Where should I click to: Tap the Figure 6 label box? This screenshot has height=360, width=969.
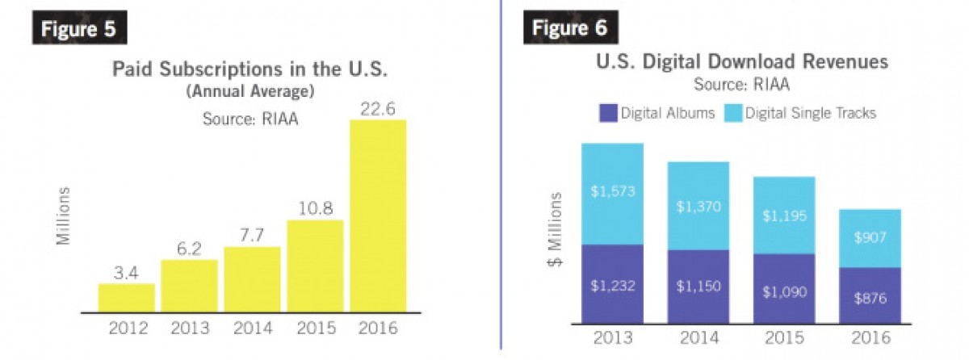571,28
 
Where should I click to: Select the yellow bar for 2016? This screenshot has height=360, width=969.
378,216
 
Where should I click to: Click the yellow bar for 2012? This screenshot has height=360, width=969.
127,297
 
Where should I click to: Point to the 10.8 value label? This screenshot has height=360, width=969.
315,207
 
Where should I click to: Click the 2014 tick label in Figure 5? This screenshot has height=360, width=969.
252,329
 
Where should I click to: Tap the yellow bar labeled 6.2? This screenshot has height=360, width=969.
189,285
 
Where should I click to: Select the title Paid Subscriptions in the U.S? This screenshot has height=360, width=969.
250,69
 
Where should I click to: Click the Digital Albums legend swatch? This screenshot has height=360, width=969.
608,113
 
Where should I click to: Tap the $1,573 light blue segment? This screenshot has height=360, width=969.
612,194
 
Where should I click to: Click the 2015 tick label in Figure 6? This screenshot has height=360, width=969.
783,337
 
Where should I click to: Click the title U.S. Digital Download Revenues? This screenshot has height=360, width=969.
741,61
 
